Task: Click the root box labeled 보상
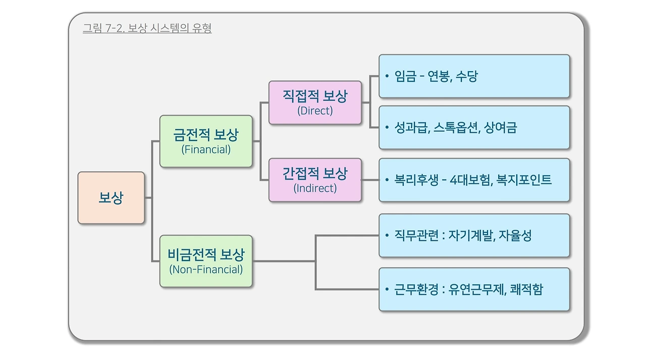pyautogui.click(x=111, y=197)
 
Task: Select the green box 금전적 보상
pyautogui.click(x=206, y=141)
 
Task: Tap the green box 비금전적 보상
pyautogui.click(x=206, y=261)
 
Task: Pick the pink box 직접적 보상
pyautogui.click(x=315, y=102)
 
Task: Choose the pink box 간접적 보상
pyautogui.click(x=315, y=180)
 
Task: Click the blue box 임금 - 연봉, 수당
pyautogui.click(x=474, y=76)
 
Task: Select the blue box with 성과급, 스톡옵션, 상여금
pyautogui.click(x=474, y=128)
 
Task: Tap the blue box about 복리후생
pyautogui.click(x=474, y=180)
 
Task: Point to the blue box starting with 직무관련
pyautogui.click(x=474, y=235)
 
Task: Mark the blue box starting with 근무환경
pyautogui.click(x=474, y=289)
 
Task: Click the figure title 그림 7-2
pyautogui.click(x=147, y=28)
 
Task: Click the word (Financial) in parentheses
pyautogui.click(x=206, y=150)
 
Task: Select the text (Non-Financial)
pyautogui.click(x=206, y=270)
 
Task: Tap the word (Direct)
pyautogui.click(x=315, y=111)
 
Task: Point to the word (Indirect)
pyautogui.click(x=315, y=189)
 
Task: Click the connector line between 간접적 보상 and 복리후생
pyautogui.click(x=370, y=180)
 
